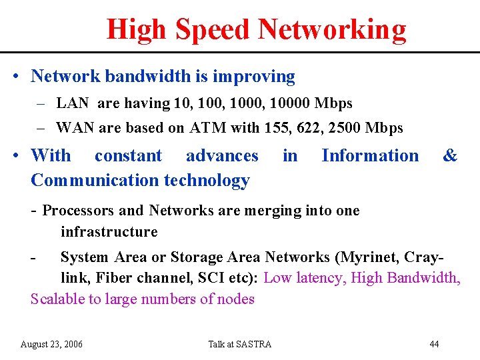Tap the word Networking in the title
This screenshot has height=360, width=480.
pos(332,29)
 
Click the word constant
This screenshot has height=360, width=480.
pos(128,156)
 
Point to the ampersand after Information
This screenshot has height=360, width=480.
pos(450,156)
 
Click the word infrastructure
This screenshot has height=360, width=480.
pos(109,232)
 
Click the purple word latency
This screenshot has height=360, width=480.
pos(317,277)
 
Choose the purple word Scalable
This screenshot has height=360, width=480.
pos(59,299)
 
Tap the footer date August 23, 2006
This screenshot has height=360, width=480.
pos(51,344)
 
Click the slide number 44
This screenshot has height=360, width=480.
pos(434,344)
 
